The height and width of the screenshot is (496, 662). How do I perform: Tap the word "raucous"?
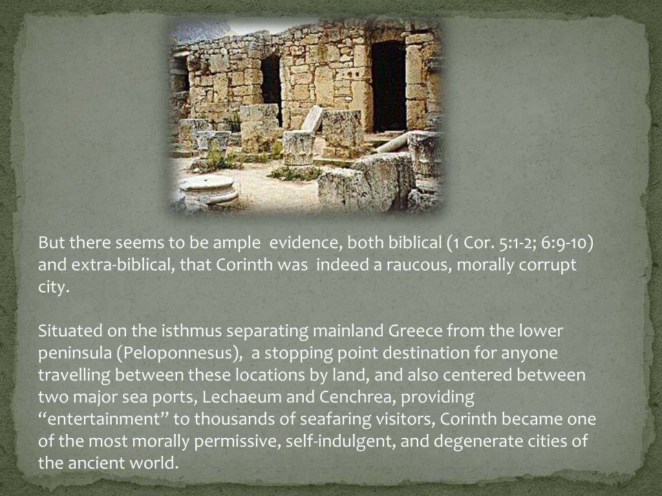click(414, 265)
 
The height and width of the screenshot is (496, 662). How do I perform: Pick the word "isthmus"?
click(186, 331)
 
